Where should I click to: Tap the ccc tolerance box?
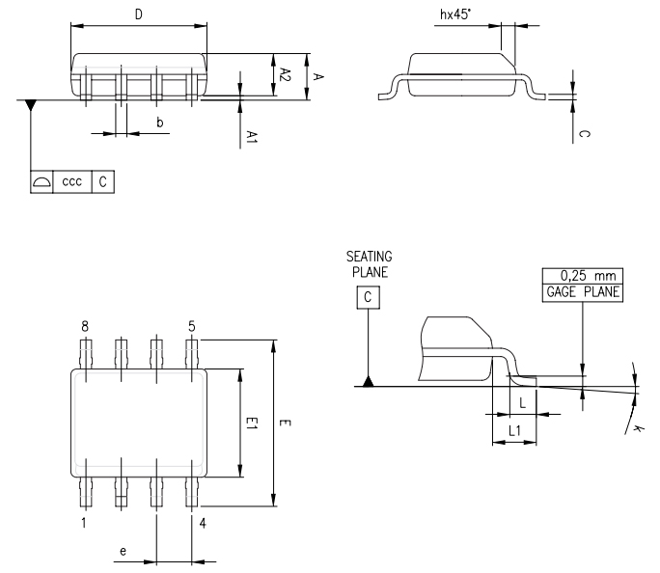click(71, 181)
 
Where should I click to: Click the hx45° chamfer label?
click(456, 14)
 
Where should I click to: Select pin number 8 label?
click(85, 327)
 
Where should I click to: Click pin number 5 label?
click(192, 327)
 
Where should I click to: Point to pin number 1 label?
click(85, 524)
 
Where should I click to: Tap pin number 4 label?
click(203, 524)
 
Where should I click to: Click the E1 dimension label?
click(252, 423)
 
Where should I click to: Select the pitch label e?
click(123, 551)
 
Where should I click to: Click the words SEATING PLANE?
click(369, 263)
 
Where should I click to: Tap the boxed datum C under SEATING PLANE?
click(369, 297)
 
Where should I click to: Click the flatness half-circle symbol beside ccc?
click(41, 181)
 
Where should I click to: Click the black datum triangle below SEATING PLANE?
click(369, 382)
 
